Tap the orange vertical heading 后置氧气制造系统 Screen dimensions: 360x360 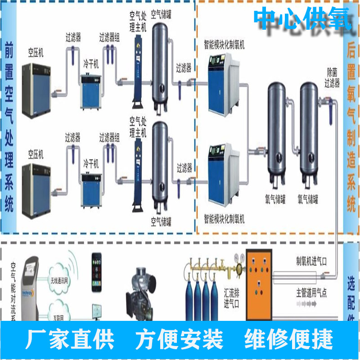pyautogui.click(x=351, y=128)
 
